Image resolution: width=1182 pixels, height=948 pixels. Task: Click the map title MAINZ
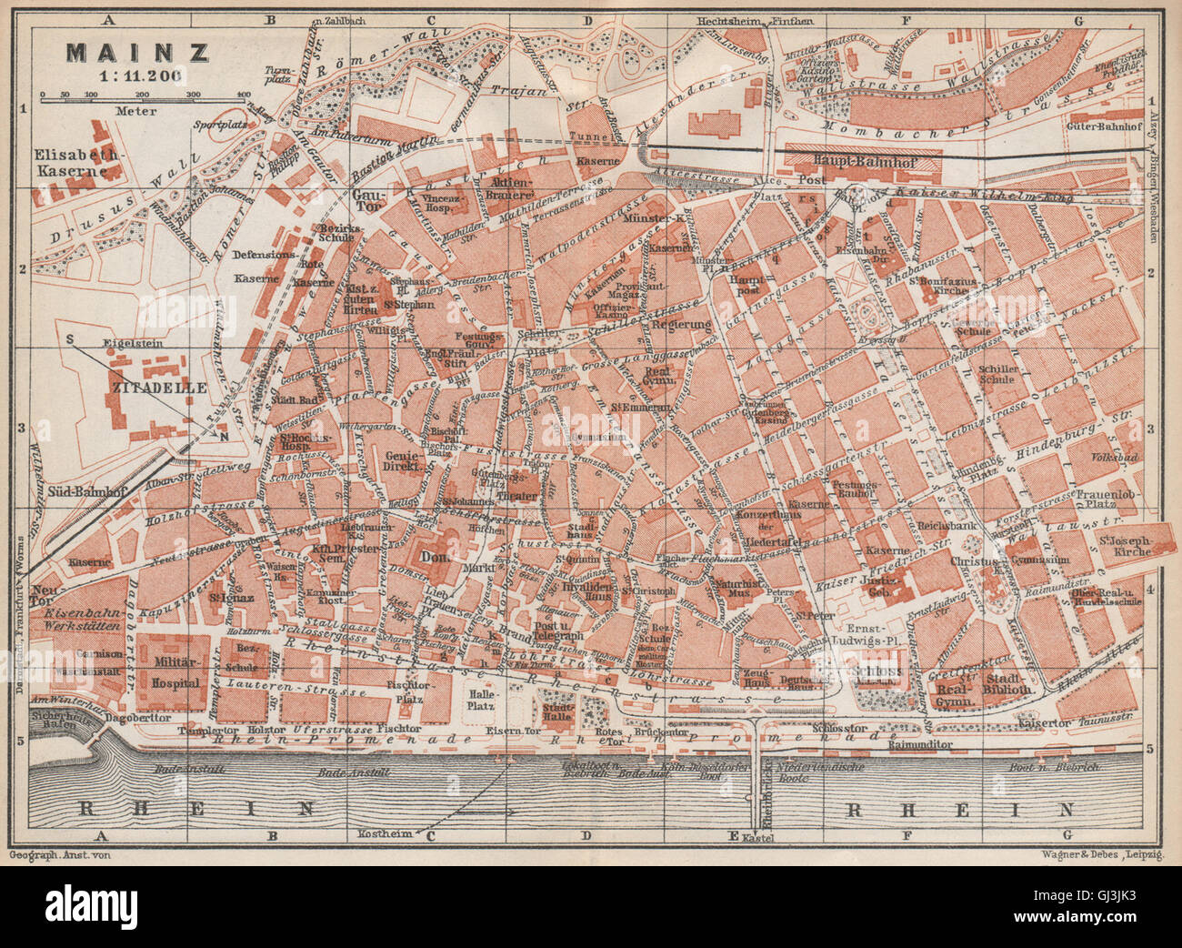click(x=136, y=52)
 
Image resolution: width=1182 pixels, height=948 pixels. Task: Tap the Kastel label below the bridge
click(x=762, y=836)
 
